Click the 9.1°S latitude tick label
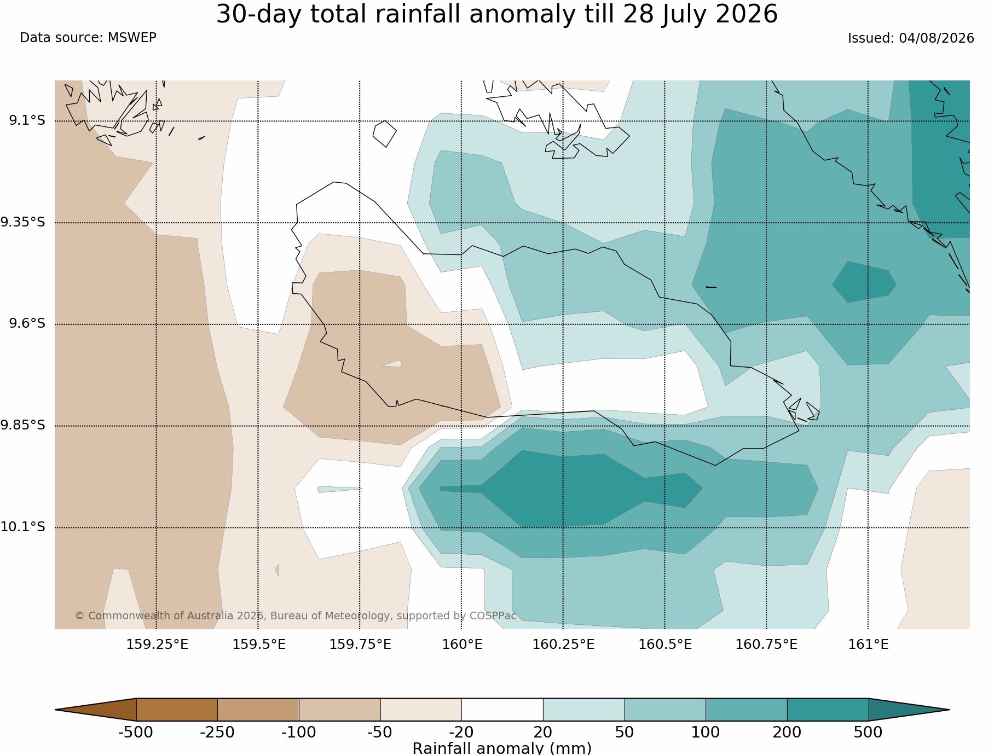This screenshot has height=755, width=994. click(27, 120)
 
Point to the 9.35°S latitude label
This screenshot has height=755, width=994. click(23, 222)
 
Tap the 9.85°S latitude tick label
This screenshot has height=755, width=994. click(23, 425)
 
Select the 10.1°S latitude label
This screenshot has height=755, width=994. click(23, 527)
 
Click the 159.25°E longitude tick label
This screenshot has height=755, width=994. click(157, 644)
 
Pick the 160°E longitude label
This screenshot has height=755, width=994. click(462, 644)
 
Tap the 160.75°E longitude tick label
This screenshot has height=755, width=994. click(766, 644)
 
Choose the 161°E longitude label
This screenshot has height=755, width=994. click(868, 644)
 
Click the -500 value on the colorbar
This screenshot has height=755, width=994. click(136, 732)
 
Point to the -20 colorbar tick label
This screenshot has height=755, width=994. click(461, 732)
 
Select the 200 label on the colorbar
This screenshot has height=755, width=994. click(787, 732)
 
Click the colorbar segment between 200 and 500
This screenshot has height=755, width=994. click(828, 710)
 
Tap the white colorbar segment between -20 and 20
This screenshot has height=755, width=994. click(502, 710)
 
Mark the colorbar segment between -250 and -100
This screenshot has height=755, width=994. click(258, 710)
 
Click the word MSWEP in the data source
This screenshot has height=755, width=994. click(132, 38)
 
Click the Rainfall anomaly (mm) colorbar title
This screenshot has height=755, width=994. click(502, 748)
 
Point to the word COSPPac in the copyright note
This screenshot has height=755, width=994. click(493, 615)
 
